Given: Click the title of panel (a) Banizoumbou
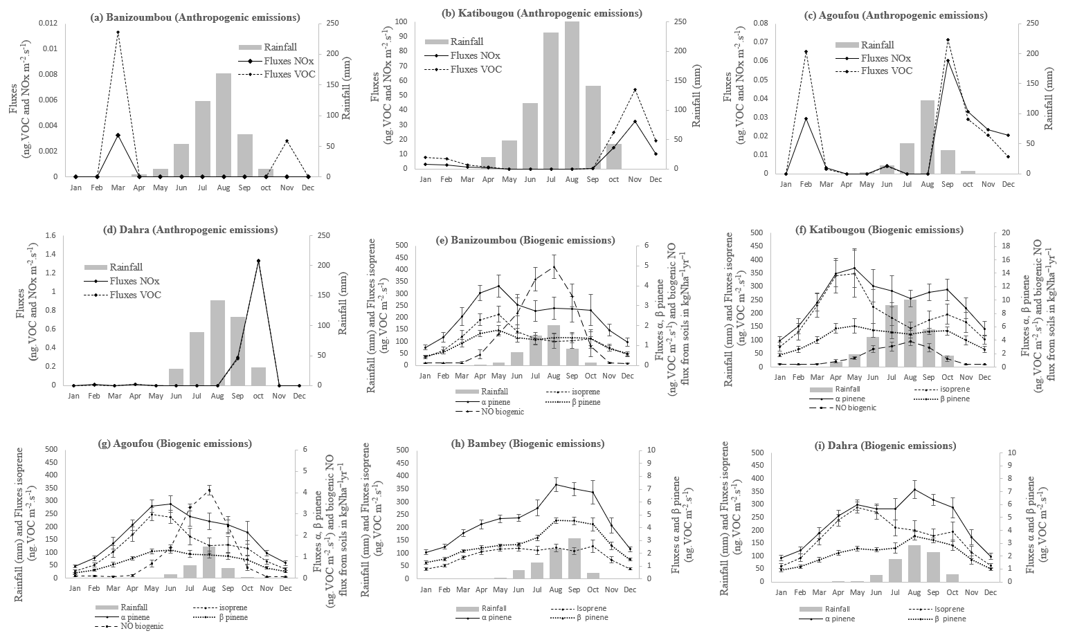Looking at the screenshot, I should click(x=195, y=17).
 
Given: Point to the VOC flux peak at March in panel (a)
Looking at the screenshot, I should click(x=118, y=33).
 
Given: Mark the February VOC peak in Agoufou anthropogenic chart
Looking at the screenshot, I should click(x=806, y=51).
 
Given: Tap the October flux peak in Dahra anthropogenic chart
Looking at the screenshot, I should click(x=258, y=261).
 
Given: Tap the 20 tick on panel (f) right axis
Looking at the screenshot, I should click(x=1003, y=232).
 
